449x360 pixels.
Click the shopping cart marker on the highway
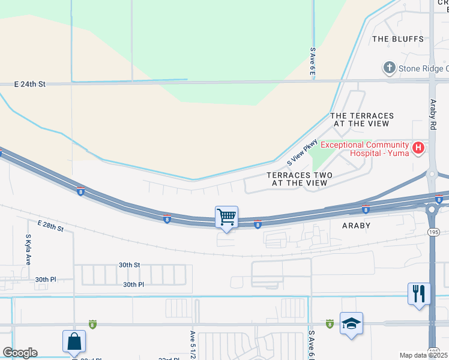tap(227, 217)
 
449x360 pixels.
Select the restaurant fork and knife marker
tap(418, 294)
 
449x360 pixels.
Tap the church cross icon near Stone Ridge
tap(389, 68)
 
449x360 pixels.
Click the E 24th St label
tap(30, 85)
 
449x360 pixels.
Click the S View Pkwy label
tap(302, 152)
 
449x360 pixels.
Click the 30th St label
tap(129, 265)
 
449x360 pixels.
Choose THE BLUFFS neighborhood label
tap(397, 39)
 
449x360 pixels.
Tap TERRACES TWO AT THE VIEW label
tap(300, 179)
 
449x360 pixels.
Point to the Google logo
tap(19, 353)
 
